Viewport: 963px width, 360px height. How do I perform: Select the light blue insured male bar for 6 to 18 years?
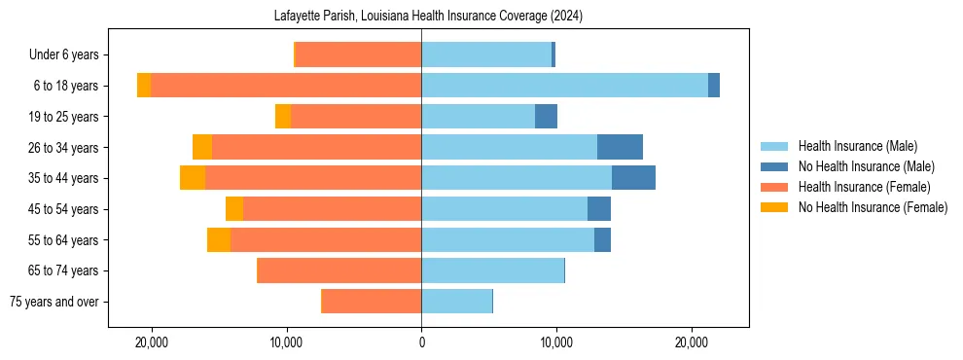point(564,86)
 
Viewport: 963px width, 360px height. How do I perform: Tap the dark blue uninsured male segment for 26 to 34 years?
point(620,147)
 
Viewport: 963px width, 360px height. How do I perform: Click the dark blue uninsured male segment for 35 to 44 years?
point(633,178)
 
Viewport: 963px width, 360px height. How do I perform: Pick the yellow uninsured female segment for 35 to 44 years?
point(193,178)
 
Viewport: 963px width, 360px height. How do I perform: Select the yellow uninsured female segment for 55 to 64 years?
point(219,239)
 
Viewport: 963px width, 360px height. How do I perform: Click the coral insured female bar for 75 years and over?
point(372,302)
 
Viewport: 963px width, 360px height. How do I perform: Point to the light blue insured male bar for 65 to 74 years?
point(492,270)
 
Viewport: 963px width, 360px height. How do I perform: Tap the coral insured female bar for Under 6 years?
point(358,54)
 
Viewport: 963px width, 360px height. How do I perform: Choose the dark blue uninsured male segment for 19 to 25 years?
point(546,117)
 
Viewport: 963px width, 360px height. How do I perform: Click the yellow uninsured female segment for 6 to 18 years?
point(144,86)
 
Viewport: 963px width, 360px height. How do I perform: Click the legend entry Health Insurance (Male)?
point(857,146)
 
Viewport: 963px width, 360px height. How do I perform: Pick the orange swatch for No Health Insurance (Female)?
point(775,207)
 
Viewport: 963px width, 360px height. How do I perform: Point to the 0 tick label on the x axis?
point(421,342)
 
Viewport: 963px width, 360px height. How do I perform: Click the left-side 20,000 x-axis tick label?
point(152,342)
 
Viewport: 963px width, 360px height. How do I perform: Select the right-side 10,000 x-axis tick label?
point(556,342)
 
